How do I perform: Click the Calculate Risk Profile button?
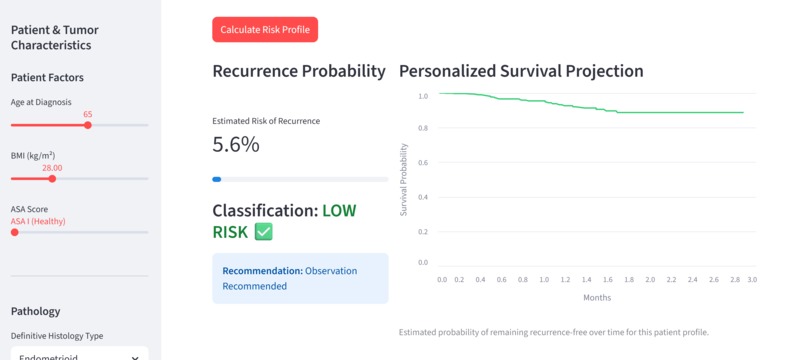point(265,29)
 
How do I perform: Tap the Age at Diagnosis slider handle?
point(88,125)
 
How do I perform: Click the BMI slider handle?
point(52,178)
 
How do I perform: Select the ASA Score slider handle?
point(15,232)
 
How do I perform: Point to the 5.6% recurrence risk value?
point(236,145)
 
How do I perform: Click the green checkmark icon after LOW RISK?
point(264,232)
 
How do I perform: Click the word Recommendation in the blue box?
point(263,271)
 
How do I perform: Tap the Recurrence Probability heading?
point(299,71)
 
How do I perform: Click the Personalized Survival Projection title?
point(521,71)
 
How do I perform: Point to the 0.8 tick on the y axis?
point(423,128)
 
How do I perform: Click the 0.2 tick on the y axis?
point(423,231)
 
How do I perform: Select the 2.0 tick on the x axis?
point(650,280)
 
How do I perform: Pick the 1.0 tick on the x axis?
point(544,280)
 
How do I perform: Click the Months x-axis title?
point(597,297)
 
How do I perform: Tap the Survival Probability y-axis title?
point(404,179)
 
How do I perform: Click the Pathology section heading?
point(35,311)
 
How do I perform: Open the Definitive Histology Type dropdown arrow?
point(135,358)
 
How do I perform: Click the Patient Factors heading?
point(47,78)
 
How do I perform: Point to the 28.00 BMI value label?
point(52,168)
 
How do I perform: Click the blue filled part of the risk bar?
point(216,179)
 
